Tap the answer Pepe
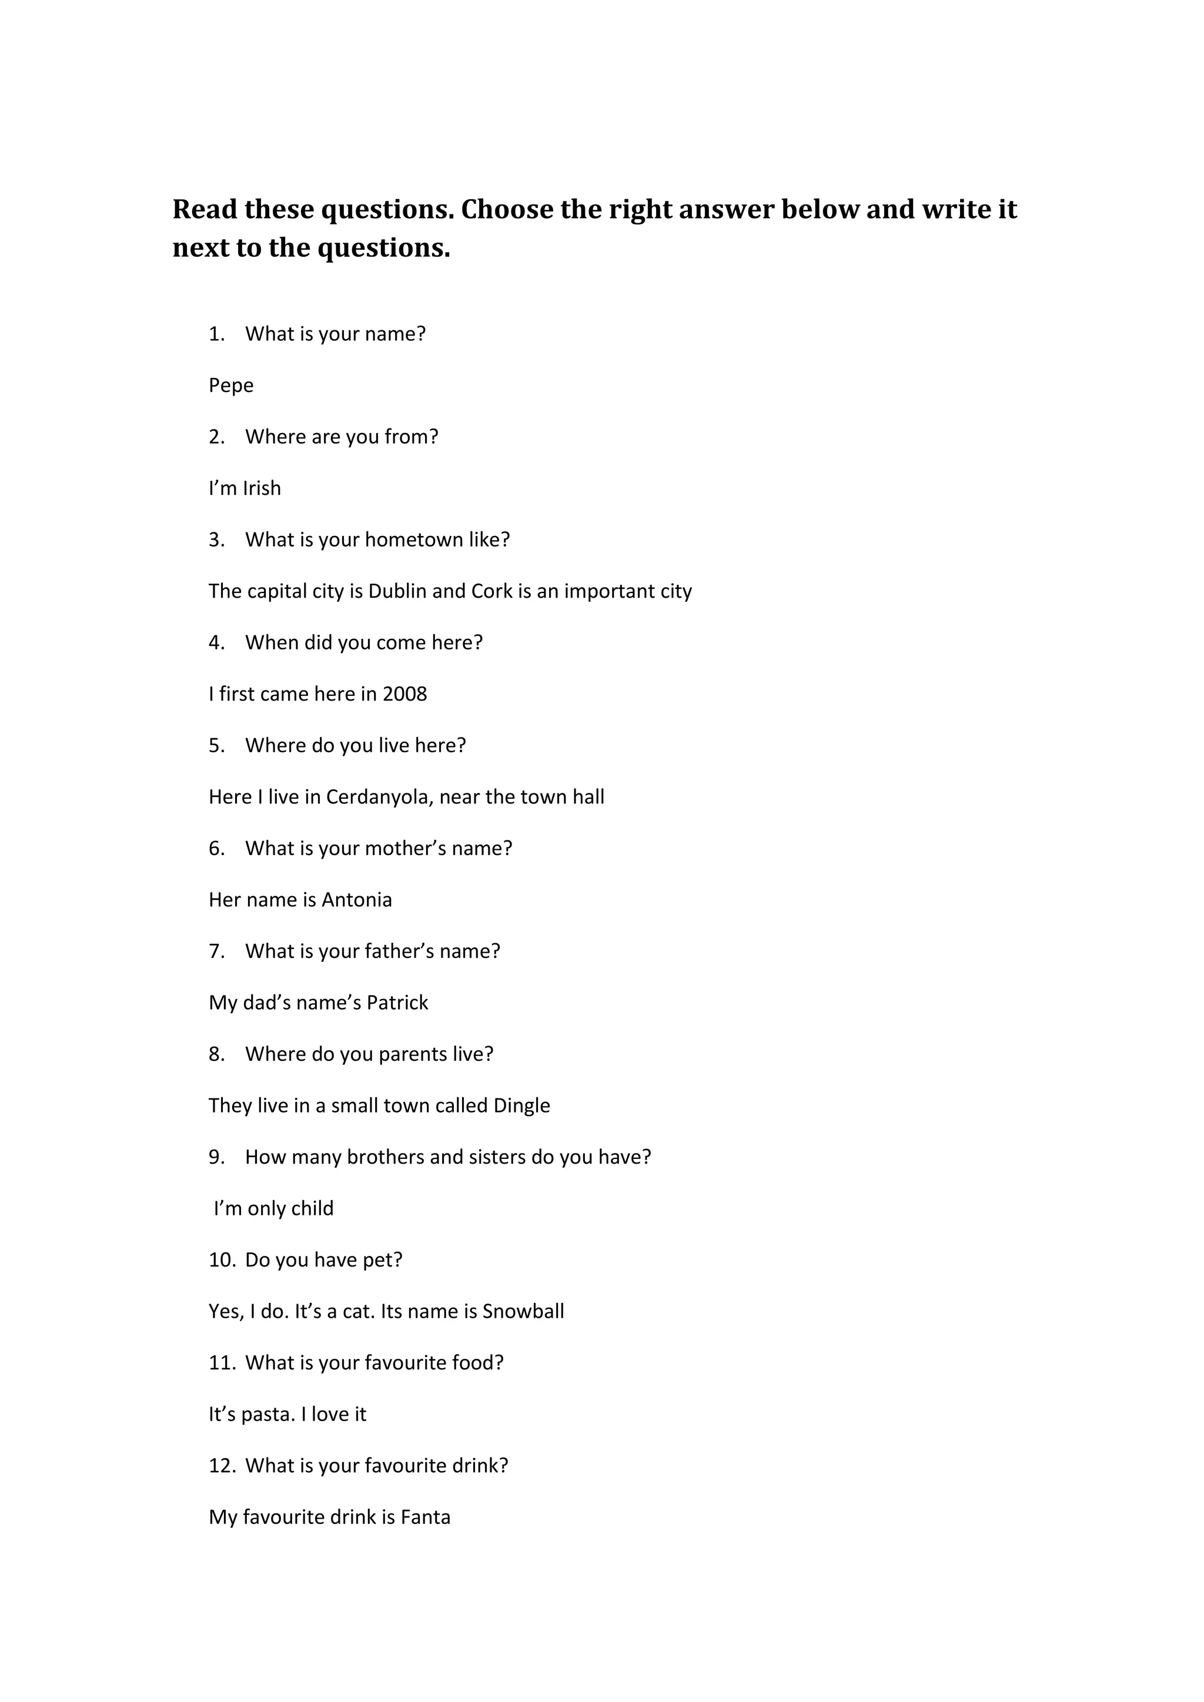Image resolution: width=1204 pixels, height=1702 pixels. (x=230, y=386)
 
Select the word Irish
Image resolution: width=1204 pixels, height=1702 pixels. (x=262, y=488)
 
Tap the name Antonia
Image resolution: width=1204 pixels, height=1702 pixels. (x=357, y=900)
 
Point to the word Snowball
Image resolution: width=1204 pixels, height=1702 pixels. (x=523, y=1311)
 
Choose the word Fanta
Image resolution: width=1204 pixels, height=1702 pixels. (x=426, y=1517)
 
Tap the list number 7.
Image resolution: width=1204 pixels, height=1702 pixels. (x=216, y=951)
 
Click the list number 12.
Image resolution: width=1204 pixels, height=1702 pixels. (x=222, y=1466)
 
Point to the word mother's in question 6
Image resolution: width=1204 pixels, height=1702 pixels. (x=406, y=848)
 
